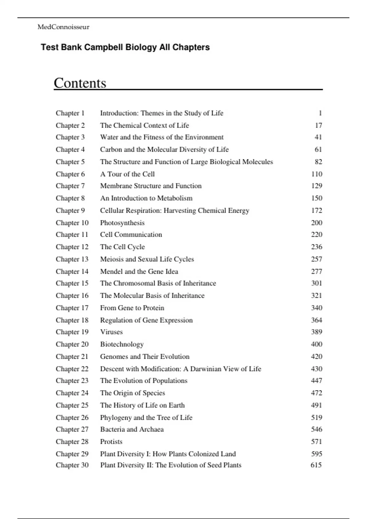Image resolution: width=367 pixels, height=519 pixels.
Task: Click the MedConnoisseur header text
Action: [x=63, y=27]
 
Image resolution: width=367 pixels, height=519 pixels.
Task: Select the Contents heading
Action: [x=80, y=83]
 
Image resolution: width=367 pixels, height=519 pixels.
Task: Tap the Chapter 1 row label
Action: [x=70, y=113]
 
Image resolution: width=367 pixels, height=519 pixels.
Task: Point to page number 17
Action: [x=318, y=125]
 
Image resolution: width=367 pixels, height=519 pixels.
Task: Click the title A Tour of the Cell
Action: [x=127, y=174]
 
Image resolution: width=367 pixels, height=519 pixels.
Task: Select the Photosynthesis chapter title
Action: [x=122, y=223]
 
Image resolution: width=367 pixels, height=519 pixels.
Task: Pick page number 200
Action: [x=317, y=223]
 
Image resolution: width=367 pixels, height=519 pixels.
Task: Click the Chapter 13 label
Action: [x=72, y=259]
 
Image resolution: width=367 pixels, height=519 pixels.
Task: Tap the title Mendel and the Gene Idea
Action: [x=139, y=271]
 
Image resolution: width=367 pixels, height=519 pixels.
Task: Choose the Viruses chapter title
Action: [x=111, y=332]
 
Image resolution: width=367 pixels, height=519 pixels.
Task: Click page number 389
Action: [x=317, y=332]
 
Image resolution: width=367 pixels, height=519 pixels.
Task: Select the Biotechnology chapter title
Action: [x=122, y=344]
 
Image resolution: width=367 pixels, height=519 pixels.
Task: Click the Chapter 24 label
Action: [x=72, y=393]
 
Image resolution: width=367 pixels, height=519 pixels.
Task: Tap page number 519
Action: [x=317, y=417]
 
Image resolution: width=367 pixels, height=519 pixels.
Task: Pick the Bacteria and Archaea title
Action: [x=132, y=429]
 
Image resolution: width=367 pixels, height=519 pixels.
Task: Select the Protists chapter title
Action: [x=111, y=442]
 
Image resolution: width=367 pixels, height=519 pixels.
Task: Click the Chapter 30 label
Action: [x=72, y=465]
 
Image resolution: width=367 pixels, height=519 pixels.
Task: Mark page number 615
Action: [x=316, y=465]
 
